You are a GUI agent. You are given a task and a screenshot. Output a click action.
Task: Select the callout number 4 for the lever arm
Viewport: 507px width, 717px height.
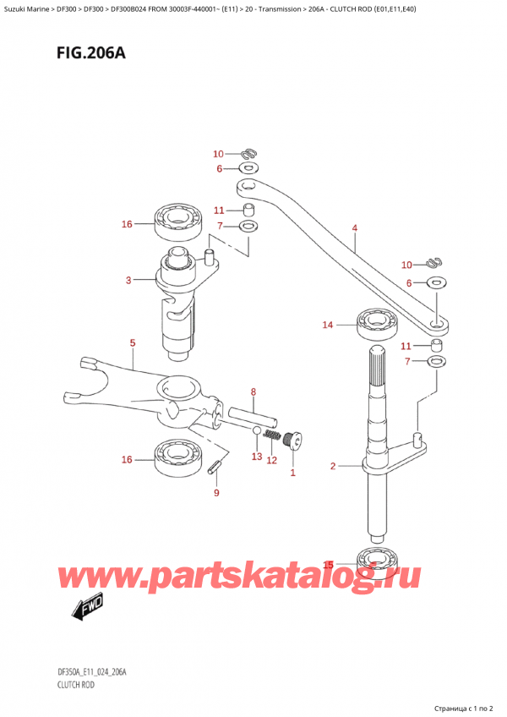coord(355,227)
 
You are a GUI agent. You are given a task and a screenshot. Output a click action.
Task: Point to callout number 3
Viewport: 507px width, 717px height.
coord(128,280)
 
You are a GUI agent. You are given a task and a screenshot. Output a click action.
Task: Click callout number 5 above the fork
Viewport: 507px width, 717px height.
coord(132,342)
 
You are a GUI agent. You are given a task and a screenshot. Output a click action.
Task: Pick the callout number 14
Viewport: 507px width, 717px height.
coord(328,324)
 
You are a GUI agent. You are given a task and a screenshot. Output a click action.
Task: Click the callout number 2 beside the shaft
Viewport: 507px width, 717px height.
coord(334,466)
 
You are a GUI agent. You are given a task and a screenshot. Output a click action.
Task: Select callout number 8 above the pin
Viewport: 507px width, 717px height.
coord(253,391)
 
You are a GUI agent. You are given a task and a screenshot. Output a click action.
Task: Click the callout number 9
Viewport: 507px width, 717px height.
coord(216,493)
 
